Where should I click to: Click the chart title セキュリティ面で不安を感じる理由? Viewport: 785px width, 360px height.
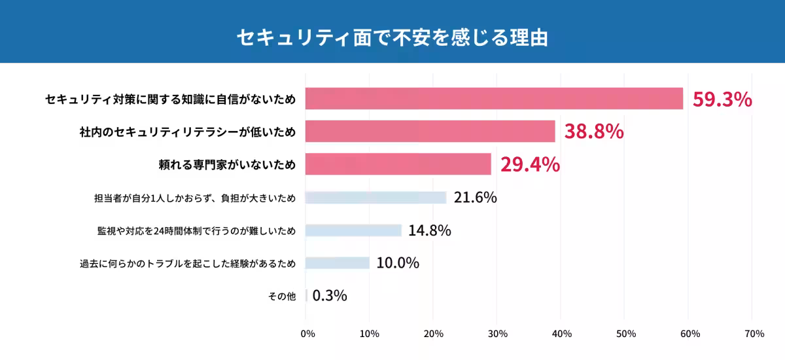pyautogui.click(x=392, y=37)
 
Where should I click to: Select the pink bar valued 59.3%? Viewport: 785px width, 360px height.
pyautogui.click(x=494, y=99)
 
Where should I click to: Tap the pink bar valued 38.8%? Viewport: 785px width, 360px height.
pyautogui.click(x=430, y=131)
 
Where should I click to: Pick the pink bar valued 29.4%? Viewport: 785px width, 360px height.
pyautogui.click(x=398, y=164)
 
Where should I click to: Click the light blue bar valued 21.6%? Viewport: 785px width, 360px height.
pyautogui.click(x=375, y=198)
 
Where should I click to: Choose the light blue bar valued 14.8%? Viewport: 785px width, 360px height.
pyautogui.click(x=353, y=230)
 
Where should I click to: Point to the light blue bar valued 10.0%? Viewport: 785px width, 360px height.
pyautogui.click(x=337, y=263)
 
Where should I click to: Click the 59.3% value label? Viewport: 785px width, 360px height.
pyautogui.click(x=722, y=99)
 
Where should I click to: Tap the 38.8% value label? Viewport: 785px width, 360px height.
pyautogui.click(x=594, y=132)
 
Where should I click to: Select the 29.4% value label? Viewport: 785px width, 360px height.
pyautogui.click(x=530, y=164)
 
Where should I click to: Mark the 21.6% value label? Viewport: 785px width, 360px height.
pyautogui.click(x=475, y=197)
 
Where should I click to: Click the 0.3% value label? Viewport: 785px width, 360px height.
pyautogui.click(x=330, y=296)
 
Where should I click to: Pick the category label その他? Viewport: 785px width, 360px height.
pyautogui.click(x=282, y=297)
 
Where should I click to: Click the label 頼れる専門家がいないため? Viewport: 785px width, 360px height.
pyautogui.click(x=227, y=165)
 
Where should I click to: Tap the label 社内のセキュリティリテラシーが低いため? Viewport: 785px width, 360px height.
pyautogui.click(x=187, y=132)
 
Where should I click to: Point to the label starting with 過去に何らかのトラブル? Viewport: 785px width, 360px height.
pyautogui.click(x=188, y=264)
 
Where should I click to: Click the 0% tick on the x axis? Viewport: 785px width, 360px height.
pyautogui.click(x=307, y=334)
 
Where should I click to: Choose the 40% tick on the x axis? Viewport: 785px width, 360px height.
pyautogui.click(x=561, y=334)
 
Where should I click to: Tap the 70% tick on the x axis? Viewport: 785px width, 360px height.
pyautogui.click(x=754, y=334)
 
